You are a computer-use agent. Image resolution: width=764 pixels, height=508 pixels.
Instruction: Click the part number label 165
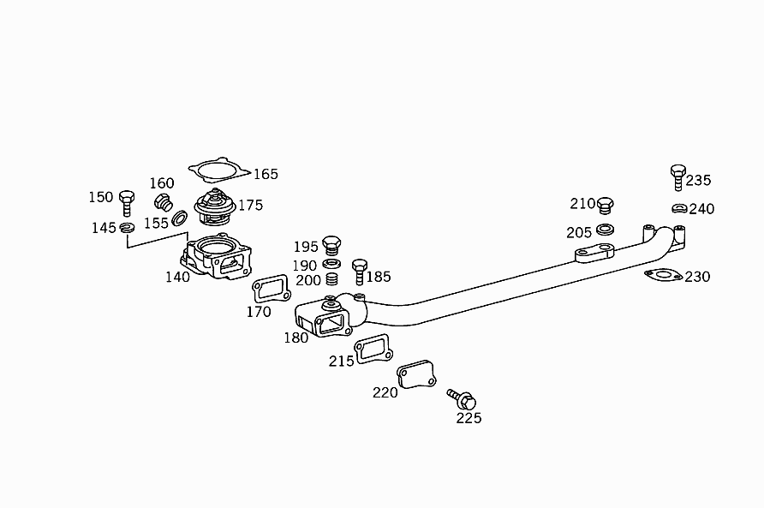(266, 175)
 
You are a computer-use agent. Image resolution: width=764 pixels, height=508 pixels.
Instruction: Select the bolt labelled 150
(127, 203)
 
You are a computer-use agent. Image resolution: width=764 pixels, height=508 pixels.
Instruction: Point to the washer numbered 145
(127, 228)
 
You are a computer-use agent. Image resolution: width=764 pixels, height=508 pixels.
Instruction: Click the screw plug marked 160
(163, 202)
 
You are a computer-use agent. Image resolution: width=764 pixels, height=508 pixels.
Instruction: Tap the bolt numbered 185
(360, 271)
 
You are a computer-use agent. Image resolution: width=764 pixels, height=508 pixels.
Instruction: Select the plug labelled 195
(332, 245)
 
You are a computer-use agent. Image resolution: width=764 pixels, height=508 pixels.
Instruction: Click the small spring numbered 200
(332, 280)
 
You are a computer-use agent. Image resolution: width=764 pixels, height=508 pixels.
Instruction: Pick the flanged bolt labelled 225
(463, 399)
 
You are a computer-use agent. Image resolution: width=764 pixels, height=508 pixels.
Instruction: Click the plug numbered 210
(605, 206)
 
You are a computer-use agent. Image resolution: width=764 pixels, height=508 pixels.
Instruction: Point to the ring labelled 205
(604, 230)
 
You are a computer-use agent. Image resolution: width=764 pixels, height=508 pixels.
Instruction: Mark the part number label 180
(296, 338)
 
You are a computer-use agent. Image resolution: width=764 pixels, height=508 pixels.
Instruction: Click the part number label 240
(701, 209)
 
